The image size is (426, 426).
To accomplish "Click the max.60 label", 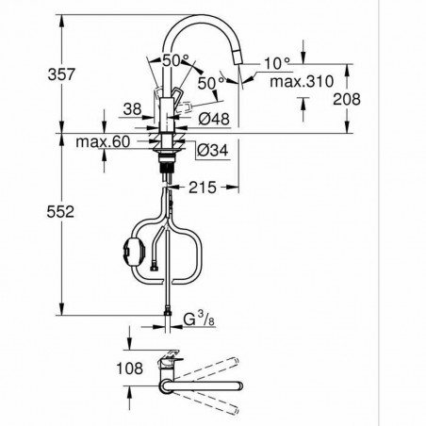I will click(x=101, y=142).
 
